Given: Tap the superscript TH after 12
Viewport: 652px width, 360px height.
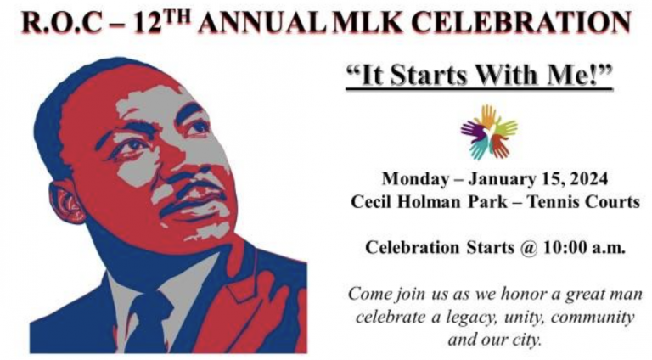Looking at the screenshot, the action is [176, 16].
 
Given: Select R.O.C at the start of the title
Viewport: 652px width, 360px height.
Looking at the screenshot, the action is [62, 22].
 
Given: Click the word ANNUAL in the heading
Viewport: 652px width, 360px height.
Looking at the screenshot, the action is [262, 22].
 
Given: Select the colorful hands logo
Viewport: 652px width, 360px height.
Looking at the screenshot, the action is [489, 132].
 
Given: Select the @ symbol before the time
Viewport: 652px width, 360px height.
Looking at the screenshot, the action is [528, 248].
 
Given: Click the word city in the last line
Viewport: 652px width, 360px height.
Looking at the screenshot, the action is [529, 340].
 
